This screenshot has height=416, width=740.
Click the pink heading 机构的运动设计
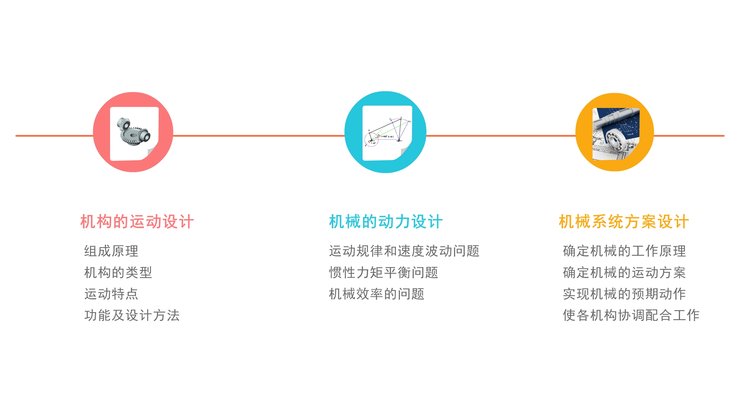point(137,221)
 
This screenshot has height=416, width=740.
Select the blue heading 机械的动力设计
point(386,221)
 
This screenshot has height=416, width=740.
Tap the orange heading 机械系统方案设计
point(624,221)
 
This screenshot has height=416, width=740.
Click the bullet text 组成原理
point(111,251)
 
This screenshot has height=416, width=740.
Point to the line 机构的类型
point(118,273)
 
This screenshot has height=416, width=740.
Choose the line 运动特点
point(111,294)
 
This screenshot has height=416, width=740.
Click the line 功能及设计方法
point(132,315)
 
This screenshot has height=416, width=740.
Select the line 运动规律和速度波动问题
point(404,251)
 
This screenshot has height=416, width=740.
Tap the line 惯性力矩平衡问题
point(383,273)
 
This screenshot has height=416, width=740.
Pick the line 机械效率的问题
point(377,294)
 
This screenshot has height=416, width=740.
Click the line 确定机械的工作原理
point(624,251)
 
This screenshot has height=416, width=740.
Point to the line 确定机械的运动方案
point(624,273)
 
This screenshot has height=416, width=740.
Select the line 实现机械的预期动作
point(624,294)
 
